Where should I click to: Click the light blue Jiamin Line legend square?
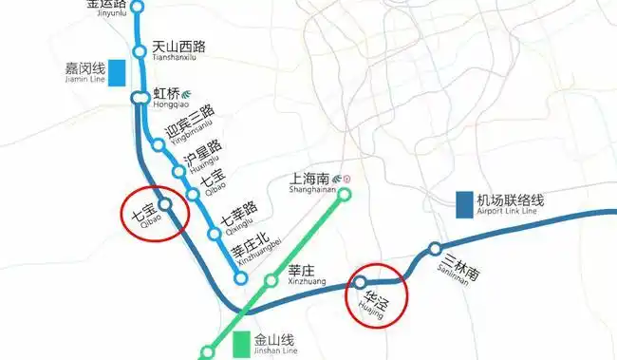(x=118, y=73)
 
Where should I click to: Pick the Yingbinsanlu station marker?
(x=159, y=145)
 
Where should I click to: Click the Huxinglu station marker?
(x=178, y=171)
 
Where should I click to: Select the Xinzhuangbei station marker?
(x=241, y=278)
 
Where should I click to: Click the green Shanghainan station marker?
(x=346, y=195)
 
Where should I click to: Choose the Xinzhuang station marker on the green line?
(x=271, y=280)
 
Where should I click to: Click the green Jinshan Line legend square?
(x=238, y=342)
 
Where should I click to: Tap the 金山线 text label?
(x=275, y=338)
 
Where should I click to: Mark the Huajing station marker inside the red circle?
(x=360, y=282)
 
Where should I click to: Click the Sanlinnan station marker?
(x=435, y=249)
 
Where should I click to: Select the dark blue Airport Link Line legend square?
(x=464, y=202)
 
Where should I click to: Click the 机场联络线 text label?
(x=510, y=199)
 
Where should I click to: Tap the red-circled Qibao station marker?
(x=165, y=203)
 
